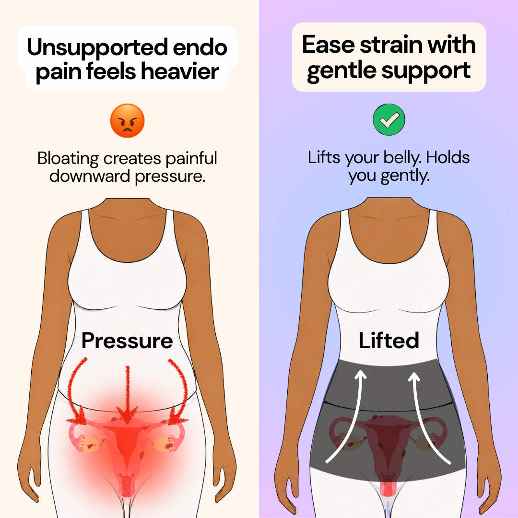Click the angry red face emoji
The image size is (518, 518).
[127, 120]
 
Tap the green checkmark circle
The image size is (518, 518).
[389, 119]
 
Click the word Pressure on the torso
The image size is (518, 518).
[127, 341]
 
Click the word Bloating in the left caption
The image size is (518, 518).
[68, 159]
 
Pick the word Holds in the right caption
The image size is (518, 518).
[447, 157]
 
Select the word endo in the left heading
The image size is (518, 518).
[200, 47]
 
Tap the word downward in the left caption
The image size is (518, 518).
[90, 176]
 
